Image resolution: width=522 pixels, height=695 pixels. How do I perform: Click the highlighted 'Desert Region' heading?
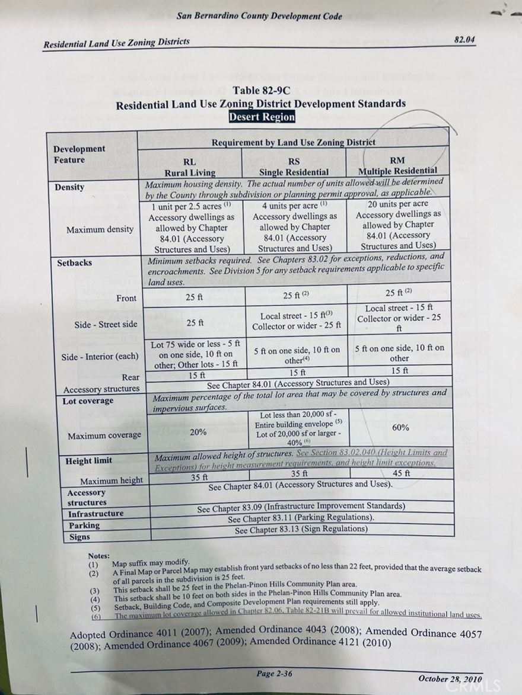(x=262, y=117)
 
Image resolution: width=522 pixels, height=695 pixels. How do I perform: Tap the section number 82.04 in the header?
(x=464, y=40)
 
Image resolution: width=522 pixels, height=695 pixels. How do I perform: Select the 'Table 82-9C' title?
(x=261, y=91)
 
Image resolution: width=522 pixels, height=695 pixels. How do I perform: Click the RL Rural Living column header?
(x=190, y=166)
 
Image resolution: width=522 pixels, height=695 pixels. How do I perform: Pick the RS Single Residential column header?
(x=294, y=166)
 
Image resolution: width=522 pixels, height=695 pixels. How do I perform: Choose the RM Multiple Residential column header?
(x=397, y=165)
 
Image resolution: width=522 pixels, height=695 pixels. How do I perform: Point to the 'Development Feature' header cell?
(x=79, y=154)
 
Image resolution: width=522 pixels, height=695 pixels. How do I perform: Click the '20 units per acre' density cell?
(x=398, y=203)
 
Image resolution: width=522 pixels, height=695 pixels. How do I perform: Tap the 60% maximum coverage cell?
(x=400, y=427)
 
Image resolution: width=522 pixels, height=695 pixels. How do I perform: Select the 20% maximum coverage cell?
(x=198, y=432)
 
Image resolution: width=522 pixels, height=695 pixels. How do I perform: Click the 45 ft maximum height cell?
(x=401, y=473)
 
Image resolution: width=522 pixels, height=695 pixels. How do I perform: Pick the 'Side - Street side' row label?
(x=106, y=324)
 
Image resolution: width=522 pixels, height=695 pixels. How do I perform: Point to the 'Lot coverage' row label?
(x=87, y=401)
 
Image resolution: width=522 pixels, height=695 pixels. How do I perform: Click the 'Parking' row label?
(x=84, y=526)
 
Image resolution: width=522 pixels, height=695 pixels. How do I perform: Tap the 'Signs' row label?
(x=79, y=537)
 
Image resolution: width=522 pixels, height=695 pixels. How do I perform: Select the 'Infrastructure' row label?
(x=96, y=514)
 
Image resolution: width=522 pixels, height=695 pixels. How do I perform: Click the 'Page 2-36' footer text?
(x=273, y=674)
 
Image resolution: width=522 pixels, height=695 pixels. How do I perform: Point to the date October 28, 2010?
(x=450, y=679)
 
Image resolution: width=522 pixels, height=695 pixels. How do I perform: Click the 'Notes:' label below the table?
(x=98, y=556)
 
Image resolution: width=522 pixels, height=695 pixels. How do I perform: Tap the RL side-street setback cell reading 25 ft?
(x=195, y=324)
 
